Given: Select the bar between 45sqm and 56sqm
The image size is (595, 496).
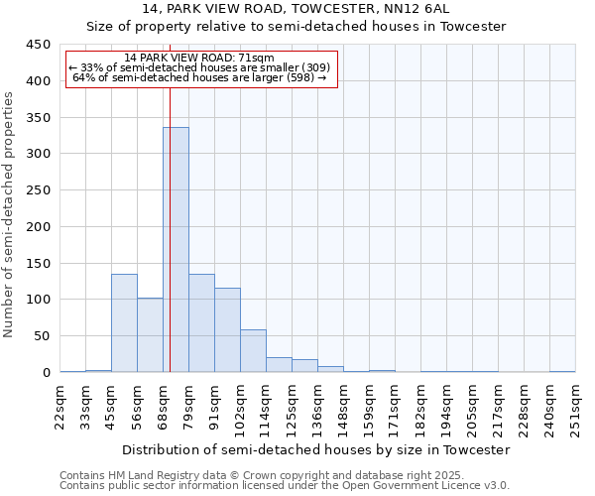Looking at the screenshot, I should tap(124, 323).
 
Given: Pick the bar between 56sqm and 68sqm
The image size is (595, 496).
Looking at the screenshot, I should tap(150, 335).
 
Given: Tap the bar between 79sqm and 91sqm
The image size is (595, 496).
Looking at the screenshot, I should tap(201, 323).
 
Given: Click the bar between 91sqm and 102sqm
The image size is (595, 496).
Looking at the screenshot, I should tap(227, 330).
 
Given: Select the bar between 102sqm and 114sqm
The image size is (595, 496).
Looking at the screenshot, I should tap(253, 351).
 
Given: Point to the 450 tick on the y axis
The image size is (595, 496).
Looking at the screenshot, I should tap(38, 45).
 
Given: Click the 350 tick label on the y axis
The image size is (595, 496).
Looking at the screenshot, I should tap(38, 118).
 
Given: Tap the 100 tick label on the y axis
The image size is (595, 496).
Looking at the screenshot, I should tap(38, 300).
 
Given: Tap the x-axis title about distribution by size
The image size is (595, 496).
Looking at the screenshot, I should tap(317, 449).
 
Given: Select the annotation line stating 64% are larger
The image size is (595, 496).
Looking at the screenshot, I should tap(200, 77).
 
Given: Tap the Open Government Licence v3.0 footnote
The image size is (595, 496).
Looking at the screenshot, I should tap(285, 485).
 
